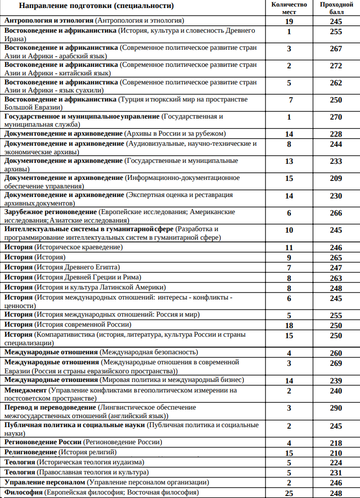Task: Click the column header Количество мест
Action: coord(289,8)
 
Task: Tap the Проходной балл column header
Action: coord(336,8)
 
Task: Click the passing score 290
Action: coord(336,408)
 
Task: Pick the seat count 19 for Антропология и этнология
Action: coord(289,22)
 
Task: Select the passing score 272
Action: coord(336,66)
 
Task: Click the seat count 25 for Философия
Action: coord(289,493)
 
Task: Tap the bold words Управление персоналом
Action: coord(44,482)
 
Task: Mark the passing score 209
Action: coord(336,178)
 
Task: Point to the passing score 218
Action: coord(336,443)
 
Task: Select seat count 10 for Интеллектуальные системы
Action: coord(289,230)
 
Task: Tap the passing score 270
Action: coord(336,118)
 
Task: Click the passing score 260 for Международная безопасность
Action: coord(336,353)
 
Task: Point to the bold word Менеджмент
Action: coord(26,390)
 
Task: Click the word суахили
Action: coord(88,90)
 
